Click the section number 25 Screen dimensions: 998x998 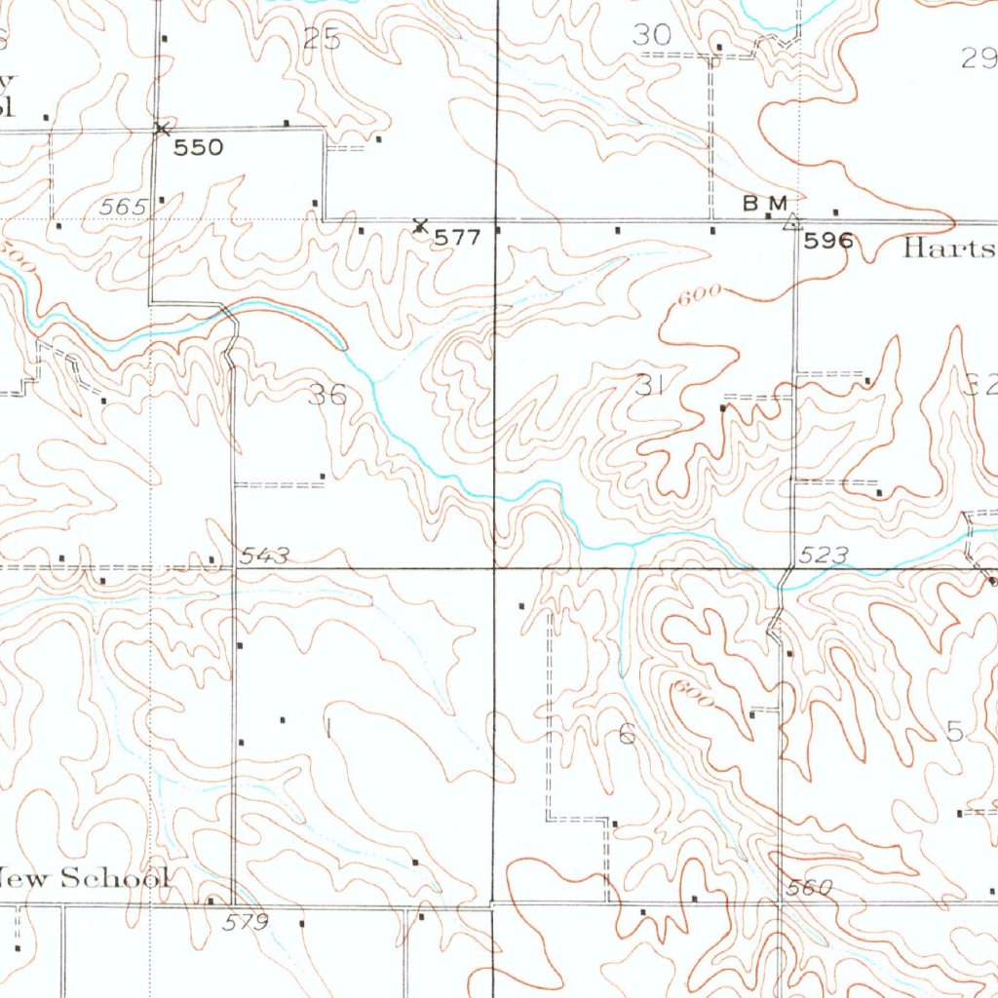pos(322,39)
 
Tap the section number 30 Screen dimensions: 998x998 pos(652,35)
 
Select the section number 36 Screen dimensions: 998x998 pos(326,395)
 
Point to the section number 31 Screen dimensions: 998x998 pos(649,385)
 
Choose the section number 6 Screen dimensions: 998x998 pos(627,734)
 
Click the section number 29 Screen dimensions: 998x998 pos(979,58)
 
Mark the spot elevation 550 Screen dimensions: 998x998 pos(199,148)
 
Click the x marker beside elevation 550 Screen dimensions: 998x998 pos(162,127)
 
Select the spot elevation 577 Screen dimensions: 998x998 pos(457,238)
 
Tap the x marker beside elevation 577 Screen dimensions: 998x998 pos(420,225)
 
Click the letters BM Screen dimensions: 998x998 pos(764,203)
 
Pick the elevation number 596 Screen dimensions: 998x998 pos(828,241)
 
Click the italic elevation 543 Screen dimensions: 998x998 pos(265,556)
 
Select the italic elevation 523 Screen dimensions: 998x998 pos(824,556)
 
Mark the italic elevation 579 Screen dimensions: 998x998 pos(245,921)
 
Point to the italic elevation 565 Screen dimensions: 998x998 pos(123,207)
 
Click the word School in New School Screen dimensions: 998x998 pos(115,878)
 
